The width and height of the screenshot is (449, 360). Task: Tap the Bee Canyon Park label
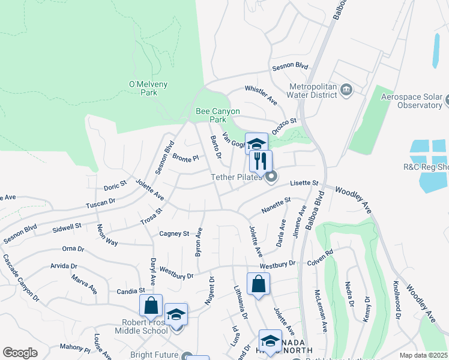click(218, 115)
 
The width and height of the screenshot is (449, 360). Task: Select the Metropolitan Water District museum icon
click(346, 91)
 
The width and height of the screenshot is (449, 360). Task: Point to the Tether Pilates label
click(238, 176)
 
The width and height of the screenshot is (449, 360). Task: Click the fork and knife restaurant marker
click(261, 161)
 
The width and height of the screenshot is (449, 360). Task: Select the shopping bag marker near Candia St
click(151, 305)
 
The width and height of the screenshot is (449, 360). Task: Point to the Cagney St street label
click(174, 233)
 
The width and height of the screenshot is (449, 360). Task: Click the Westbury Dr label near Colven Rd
click(278, 264)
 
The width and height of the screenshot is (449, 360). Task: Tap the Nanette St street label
click(277, 204)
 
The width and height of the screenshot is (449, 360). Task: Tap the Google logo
click(20, 353)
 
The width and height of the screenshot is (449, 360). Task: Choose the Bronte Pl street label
click(185, 159)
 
